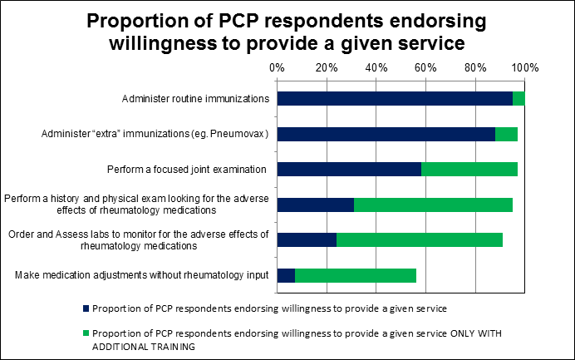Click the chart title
click(287, 32)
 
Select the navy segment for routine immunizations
click(395, 99)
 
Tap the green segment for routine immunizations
click(518, 99)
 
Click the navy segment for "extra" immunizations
click(386, 134)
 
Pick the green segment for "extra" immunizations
click(506, 134)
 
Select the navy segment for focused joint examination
click(349, 170)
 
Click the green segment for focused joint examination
click(469, 170)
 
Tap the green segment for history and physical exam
click(433, 205)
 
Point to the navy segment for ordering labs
click(307, 240)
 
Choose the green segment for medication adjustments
click(356, 275)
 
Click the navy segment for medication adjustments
click(286, 275)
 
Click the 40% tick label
click(376, 67)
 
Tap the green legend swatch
click(86, 332)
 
